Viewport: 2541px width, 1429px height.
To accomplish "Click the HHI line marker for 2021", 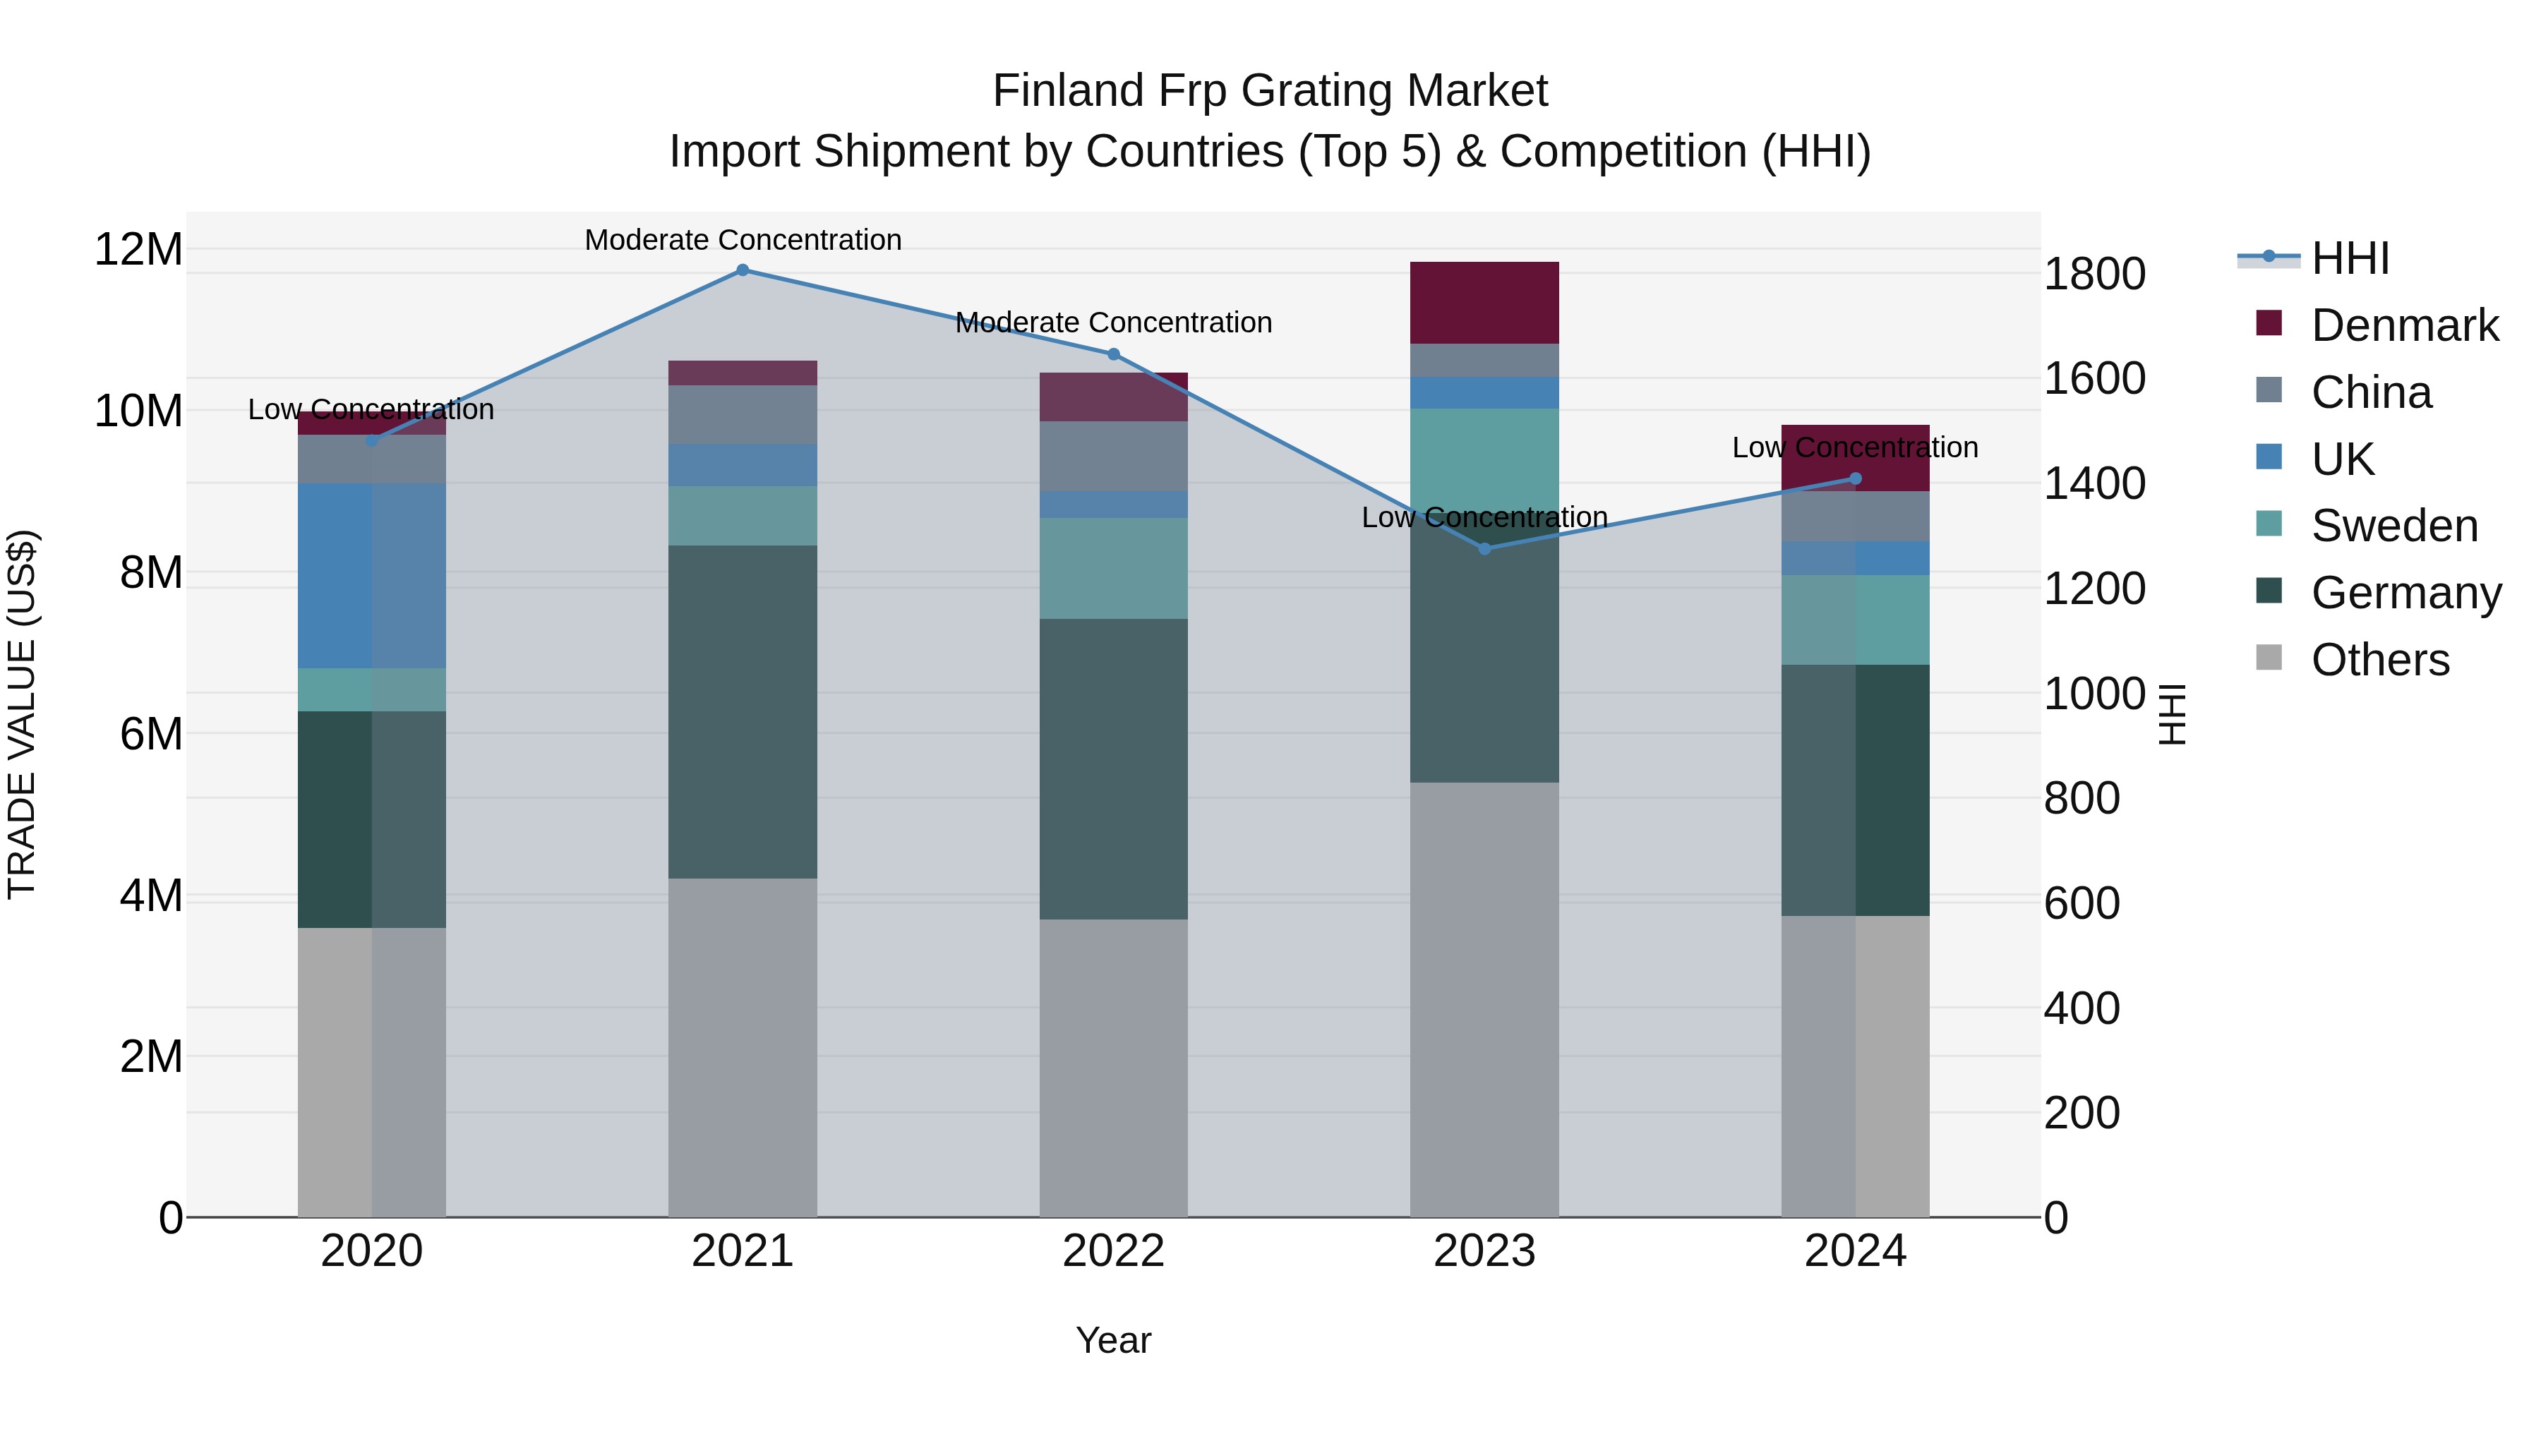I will click(x=743, y=270).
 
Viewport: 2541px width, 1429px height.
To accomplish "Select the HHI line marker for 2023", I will click(x=1484, y=548).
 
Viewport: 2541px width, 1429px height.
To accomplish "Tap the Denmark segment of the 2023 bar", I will click(x=1484, y=302).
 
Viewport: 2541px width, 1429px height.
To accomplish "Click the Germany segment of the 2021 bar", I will click(x=743, y=711).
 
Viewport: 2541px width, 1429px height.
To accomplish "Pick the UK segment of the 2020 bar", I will click(x=372, y=575).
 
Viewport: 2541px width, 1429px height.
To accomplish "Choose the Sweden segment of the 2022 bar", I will click(x=1114, y=568).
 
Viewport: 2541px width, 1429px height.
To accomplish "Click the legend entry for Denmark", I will click(x=2404, y=325).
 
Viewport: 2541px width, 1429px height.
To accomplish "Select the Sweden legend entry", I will click(x=2394, y=526).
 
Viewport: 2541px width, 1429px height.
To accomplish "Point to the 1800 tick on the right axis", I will click(x=2094, y=275).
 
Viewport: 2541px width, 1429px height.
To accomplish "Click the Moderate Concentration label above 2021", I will click(x=743, y=240).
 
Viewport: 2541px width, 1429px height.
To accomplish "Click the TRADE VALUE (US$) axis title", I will click(x=22, y=714).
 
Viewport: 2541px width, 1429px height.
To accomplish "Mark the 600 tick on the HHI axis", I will click(x=2082, y=903).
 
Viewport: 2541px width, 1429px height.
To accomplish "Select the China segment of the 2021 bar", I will click(x=743, y=414).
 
